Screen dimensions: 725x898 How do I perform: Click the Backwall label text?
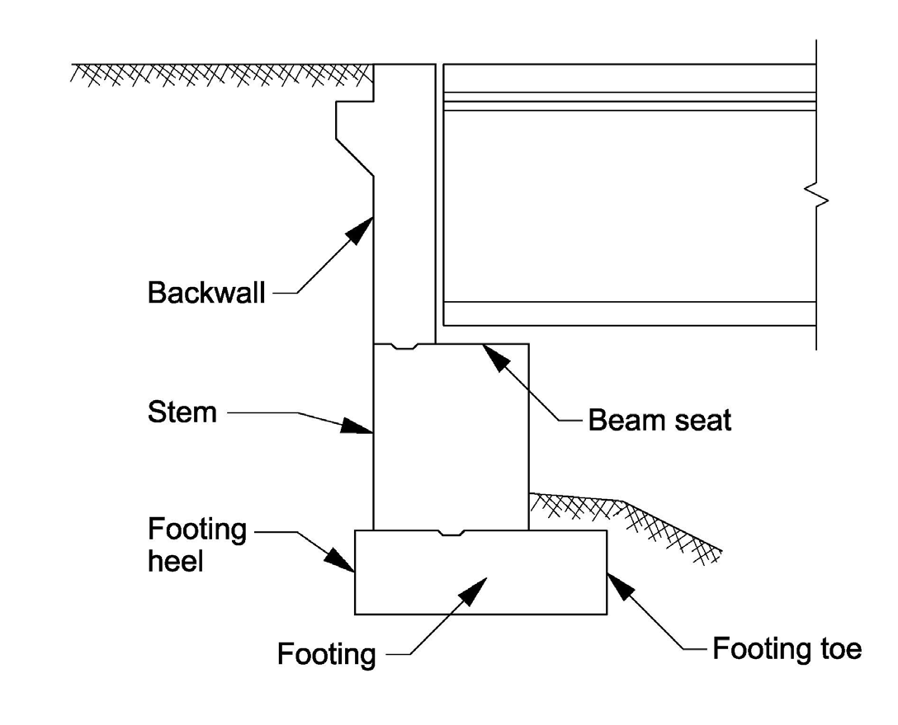(x=206, y=293)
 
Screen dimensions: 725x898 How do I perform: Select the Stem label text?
(x=182, y=412)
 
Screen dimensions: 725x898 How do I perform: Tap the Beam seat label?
(x=659, y=421)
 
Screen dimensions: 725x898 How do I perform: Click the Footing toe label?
(x=787, y=649)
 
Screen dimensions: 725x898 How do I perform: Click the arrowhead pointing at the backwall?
(x=360, y=228)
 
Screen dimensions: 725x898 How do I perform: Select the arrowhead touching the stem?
(x=357, y=426)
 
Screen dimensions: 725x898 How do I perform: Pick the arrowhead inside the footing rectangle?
(x=472, y=589)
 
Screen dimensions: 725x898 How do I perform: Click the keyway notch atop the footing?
(x=451, y=533)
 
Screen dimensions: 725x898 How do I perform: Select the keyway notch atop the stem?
(x=404, y=346)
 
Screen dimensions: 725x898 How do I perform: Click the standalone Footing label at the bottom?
(x=326, y=655)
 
